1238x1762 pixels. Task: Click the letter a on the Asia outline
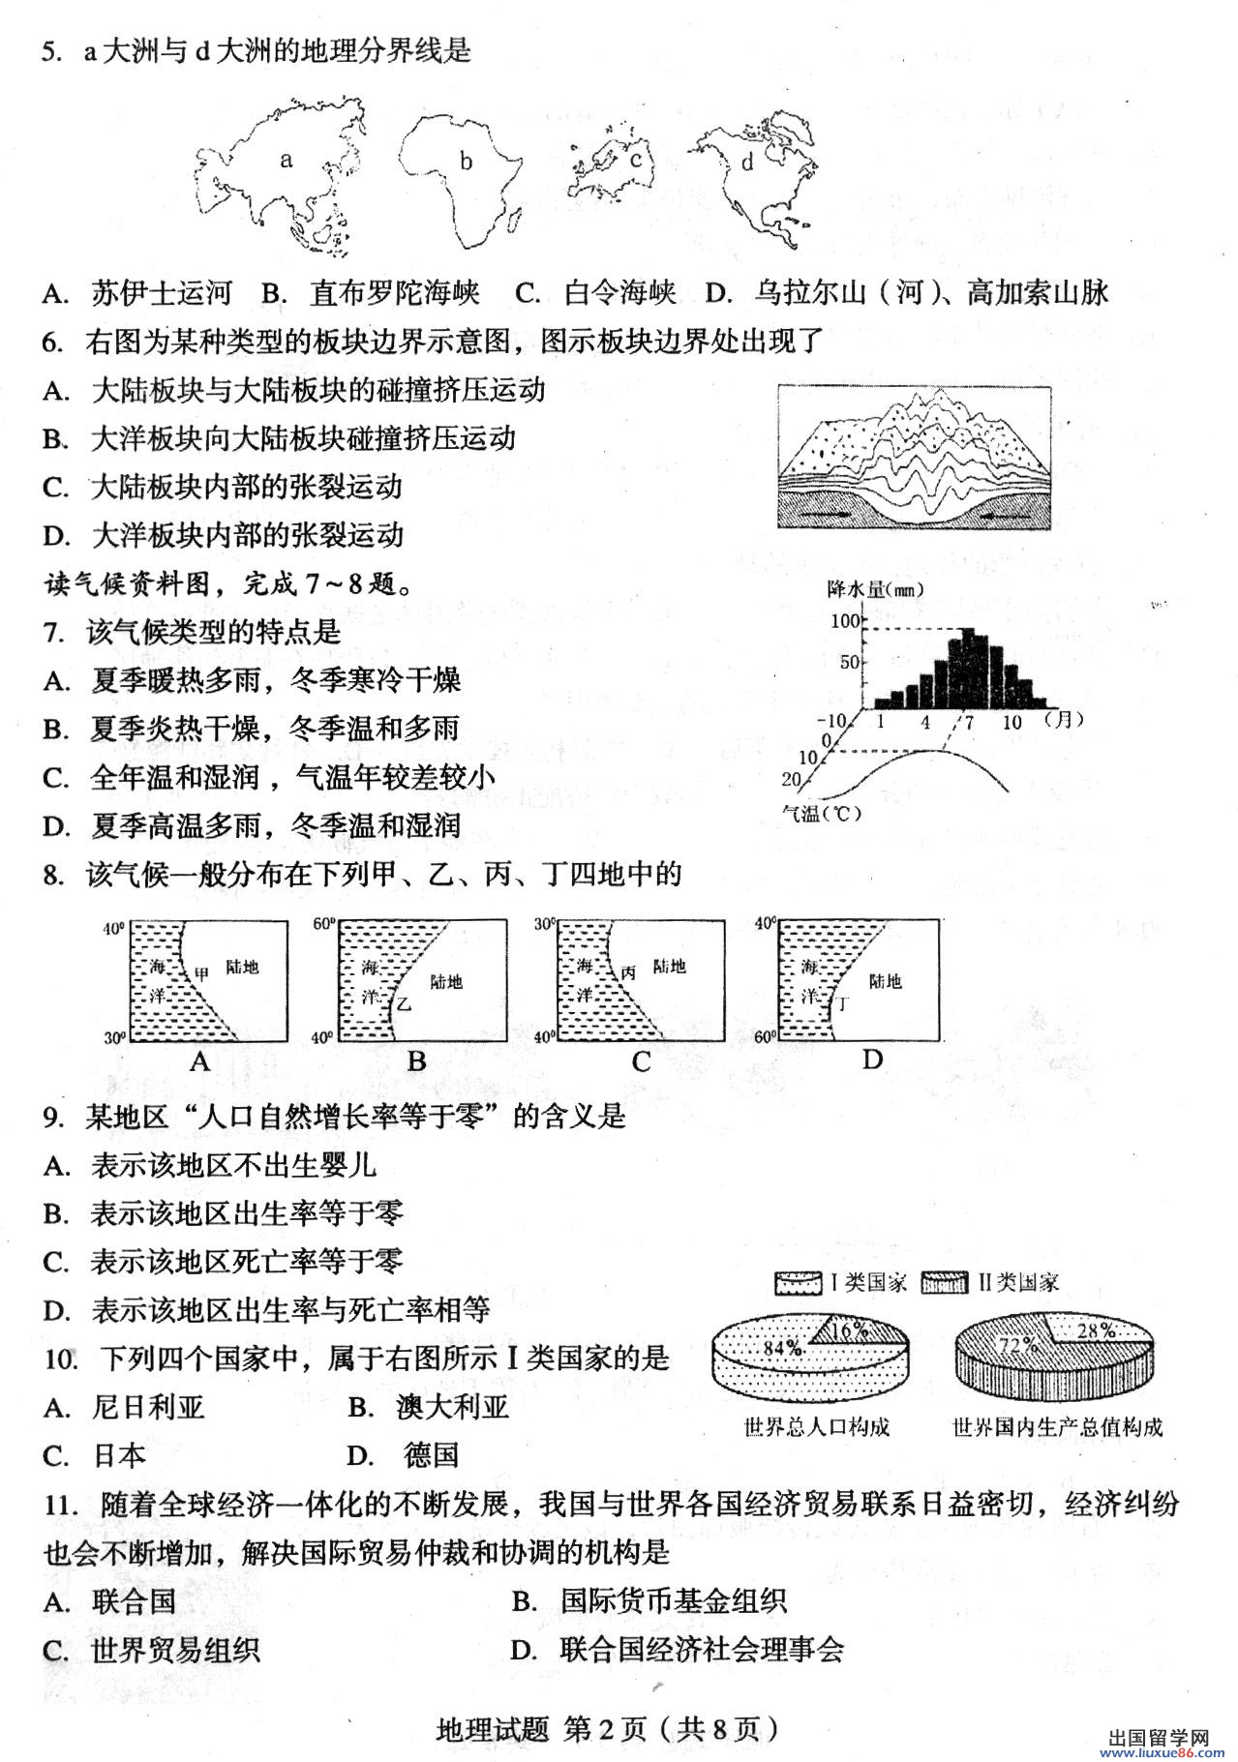click(x=286, y=160)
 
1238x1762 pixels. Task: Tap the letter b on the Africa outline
click(x=466, y=162)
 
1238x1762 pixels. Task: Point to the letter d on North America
click(x=746, y=163)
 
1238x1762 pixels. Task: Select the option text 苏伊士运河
click(x=163, y=292)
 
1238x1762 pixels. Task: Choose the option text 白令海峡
click(x=619, y=292)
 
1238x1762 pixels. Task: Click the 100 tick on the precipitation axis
click(x=845, y=620)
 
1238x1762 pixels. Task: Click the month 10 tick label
click(x=1012, y=722)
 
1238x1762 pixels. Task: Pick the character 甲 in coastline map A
click(x=201, y=972)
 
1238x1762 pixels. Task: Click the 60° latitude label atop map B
click(x=324, y=925)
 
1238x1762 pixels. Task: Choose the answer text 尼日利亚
click(x=148, y=1407)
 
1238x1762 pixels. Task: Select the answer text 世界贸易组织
click(x=175, y=1650)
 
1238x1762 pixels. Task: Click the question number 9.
click(x=53, y=1117)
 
